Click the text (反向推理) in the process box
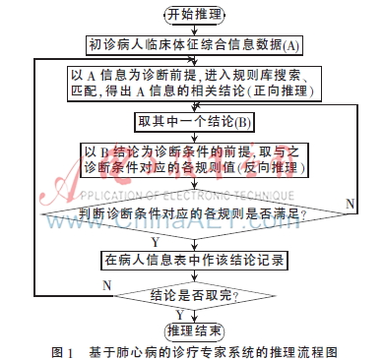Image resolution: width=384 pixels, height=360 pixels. tap(281, 170)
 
